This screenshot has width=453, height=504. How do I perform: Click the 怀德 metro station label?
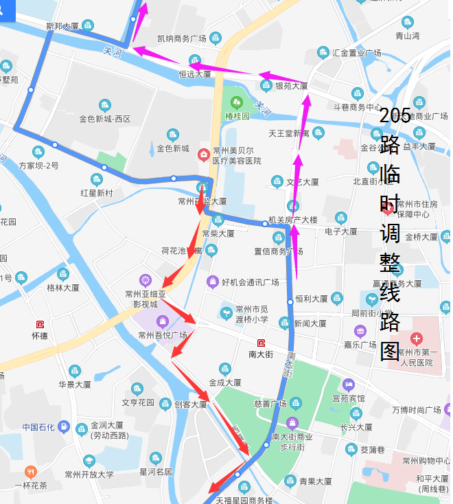click(x=40, y=336)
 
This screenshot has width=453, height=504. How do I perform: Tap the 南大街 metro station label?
click(x=260, y=354)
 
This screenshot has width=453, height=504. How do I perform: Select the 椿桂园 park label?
click(x=236, y=116)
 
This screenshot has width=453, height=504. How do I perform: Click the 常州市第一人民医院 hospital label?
click(x=418, y=357)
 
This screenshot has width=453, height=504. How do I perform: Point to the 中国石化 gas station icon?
click(x=64, y=426)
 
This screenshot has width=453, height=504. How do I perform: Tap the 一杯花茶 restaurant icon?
click(x=30, y=472)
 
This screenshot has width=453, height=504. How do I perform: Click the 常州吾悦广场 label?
click(x=162, y=335)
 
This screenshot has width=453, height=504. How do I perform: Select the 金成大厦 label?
click(x=224, y=382)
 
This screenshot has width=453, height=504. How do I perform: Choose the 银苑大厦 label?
click(x=291, y=86)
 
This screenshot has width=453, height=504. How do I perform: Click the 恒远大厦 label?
click(x=195, y=73)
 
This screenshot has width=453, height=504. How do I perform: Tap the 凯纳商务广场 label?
click(x=182, y=38)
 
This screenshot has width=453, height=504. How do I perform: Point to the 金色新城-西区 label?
click(x=104, y=119)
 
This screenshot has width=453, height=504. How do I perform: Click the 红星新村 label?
click(x=96, y=193)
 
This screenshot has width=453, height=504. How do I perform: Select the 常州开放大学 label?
click(x=89, y=474)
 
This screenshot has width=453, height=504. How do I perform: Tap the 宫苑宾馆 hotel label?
click(x=349, y=398)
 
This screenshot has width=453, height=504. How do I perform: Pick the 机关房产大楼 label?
click(x=292, y=220)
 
